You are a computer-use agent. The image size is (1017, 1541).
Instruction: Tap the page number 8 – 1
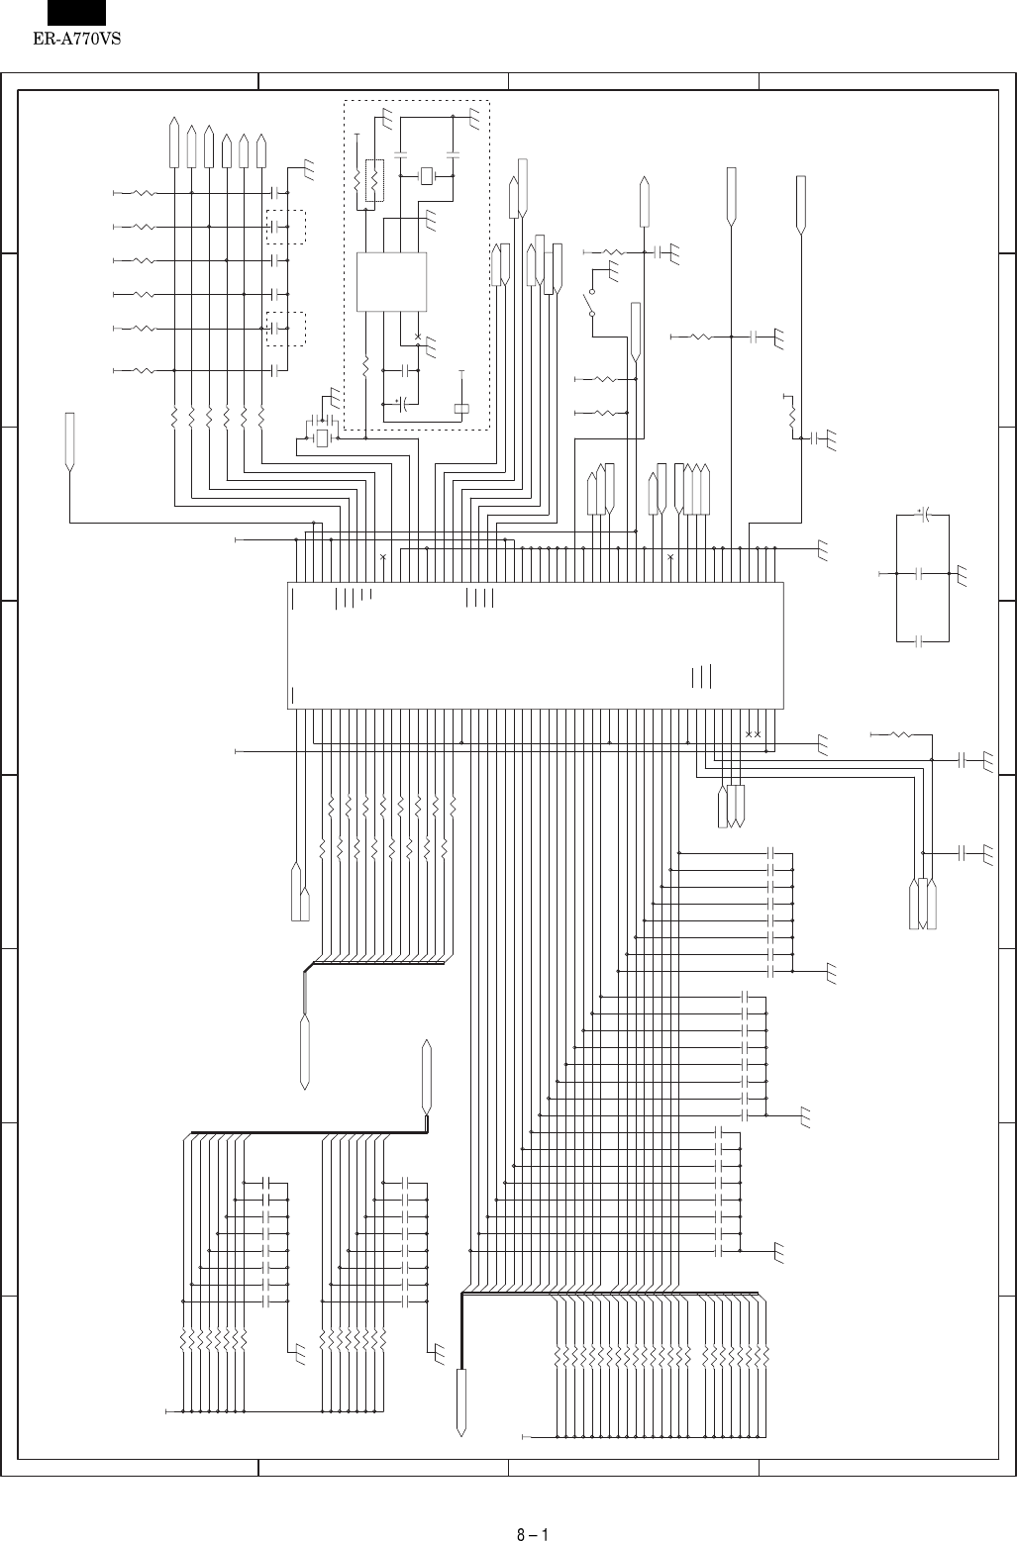point(532,1508)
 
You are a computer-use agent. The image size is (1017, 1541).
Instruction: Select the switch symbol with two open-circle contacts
point(592,302)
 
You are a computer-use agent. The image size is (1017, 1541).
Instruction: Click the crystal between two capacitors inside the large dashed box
point(427,176)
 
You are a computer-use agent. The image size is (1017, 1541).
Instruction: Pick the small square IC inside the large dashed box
point(391,282)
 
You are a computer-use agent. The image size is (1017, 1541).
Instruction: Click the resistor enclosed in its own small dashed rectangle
point(374,180)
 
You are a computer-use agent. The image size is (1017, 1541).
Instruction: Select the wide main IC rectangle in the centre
point(536,644)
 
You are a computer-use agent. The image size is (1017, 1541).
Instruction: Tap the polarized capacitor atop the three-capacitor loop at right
point(922,516)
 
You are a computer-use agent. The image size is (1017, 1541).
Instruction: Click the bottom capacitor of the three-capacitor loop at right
point(920,641)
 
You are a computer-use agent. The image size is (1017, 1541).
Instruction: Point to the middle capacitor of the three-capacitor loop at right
point(920,573)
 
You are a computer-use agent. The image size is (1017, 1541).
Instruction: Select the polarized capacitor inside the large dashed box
point(402,404)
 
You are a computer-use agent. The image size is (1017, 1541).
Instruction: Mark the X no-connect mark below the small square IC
point(418,337)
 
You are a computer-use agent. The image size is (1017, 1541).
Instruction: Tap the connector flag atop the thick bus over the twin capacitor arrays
point(427,1075)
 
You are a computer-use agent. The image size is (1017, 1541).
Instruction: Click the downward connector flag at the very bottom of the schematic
point(461,1401)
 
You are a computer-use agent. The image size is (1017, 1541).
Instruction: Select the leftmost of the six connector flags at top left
point(174,144)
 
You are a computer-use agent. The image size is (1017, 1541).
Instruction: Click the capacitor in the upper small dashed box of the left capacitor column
point(273,227)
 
